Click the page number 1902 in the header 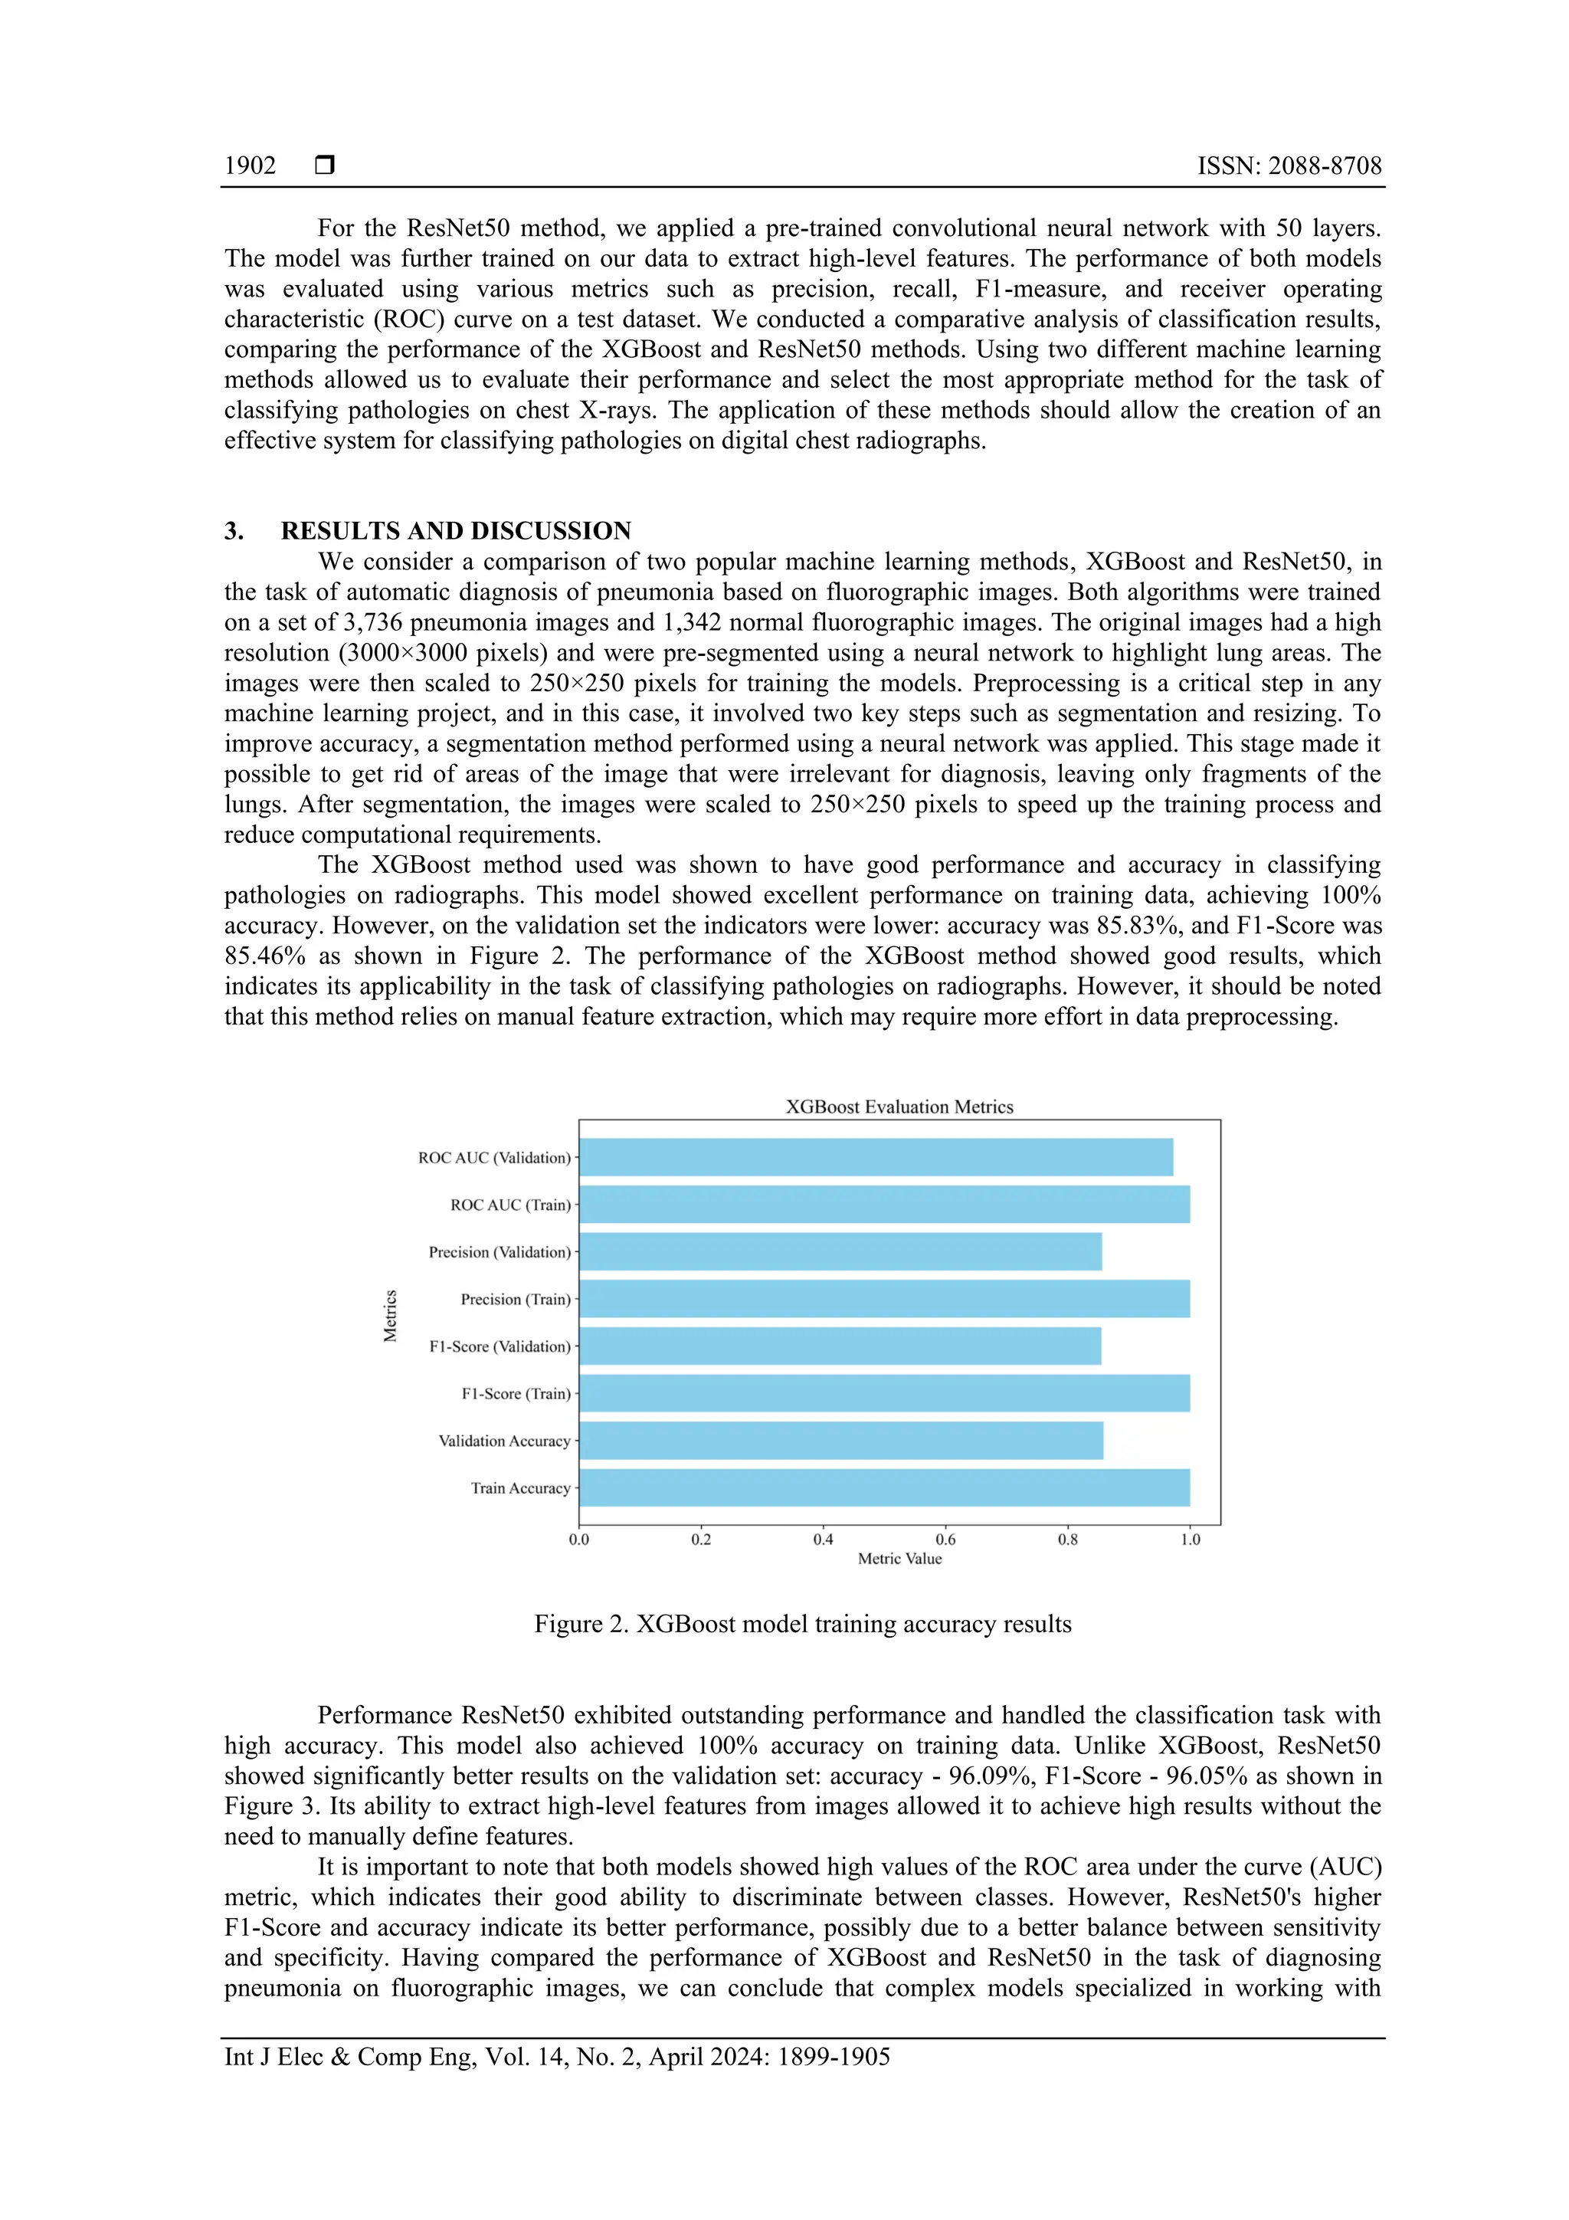click(250, 166)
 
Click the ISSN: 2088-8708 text click(1289, 166)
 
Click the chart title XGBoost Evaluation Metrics click(899, 1107)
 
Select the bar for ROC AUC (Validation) click(875, 1157)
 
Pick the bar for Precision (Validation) click(839, 1251)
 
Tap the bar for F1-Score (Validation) click(839, 1346)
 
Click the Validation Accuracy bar click(840, 1441)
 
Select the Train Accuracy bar click(883, 1488)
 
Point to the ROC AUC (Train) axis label click(510, 1205)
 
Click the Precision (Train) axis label click(516, 1300)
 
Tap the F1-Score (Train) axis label click(516, 1393)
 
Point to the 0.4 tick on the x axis click(823, 1540)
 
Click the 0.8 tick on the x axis click(1067, 1540)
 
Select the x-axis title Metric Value click(899, 1559)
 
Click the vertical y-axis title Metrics click(390, 1316)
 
